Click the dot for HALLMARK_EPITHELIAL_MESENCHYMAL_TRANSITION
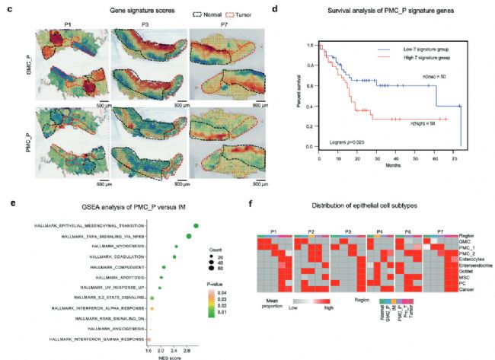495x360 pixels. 196,225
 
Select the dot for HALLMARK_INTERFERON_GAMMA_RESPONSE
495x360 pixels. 148,338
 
